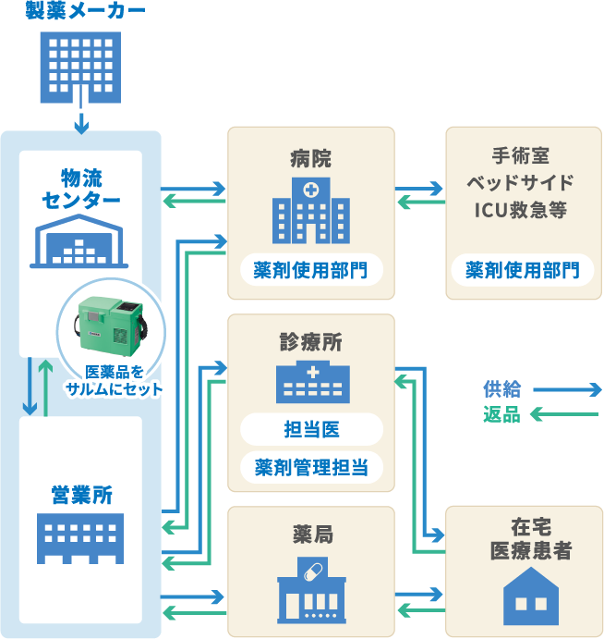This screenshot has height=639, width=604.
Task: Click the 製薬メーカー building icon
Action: click(80, 67)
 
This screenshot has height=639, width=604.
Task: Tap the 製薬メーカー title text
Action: click(80, 11)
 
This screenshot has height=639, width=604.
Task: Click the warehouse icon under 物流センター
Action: click(80, 241)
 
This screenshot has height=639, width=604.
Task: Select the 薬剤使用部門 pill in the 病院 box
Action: click(311, 270)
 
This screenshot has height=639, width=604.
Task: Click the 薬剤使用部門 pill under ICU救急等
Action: click(523, 270)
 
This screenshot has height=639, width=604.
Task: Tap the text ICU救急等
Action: click(521, 210)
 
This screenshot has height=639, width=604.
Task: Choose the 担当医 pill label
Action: click(311, 430)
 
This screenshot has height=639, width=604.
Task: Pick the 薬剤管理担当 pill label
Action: click(311, 467)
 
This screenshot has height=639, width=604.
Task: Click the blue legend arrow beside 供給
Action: click(566, 389)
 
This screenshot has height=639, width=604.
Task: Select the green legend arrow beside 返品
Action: click(564, 415)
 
